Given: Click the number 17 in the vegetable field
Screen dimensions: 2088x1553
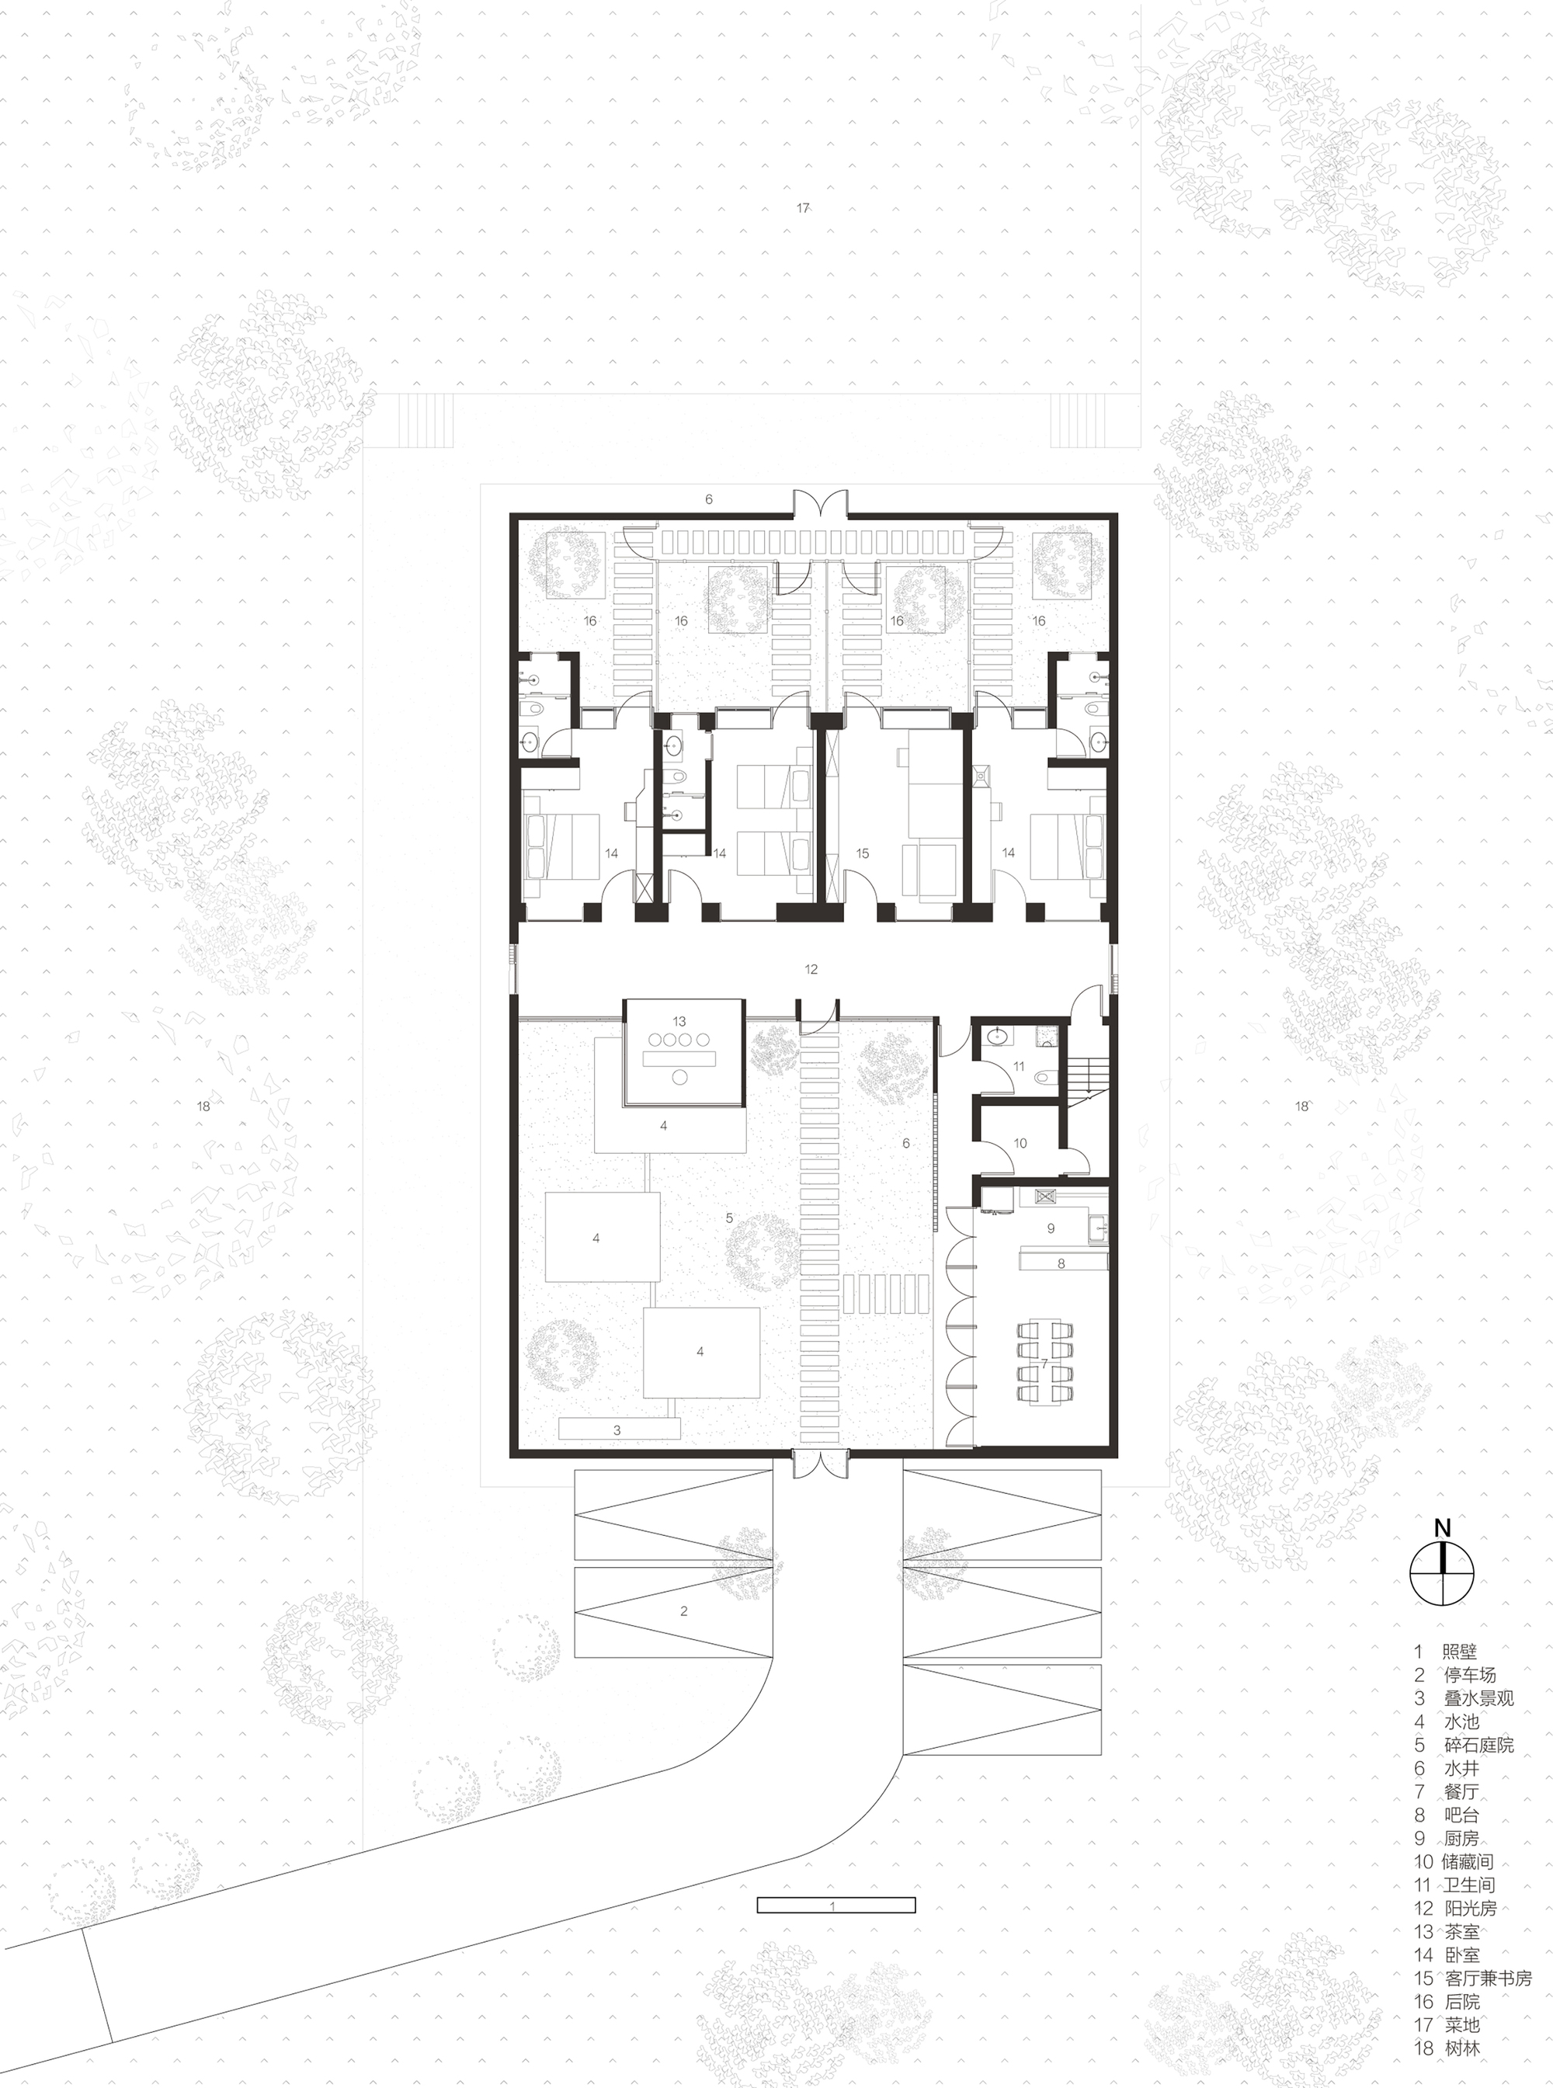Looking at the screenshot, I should [803, 208].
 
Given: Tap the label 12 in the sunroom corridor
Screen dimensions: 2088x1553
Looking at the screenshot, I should [811, 968].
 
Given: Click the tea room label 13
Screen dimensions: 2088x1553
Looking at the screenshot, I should [679, 1021].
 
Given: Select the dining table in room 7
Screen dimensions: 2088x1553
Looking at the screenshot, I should [1044, 1364].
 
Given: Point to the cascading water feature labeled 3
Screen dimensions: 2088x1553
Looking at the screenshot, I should [617, 1429].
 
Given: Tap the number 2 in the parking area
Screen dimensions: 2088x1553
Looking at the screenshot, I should [683, 1610].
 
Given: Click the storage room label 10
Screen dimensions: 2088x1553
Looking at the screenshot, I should [1020, 1143].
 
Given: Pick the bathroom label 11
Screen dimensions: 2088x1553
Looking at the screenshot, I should [1019, 1066].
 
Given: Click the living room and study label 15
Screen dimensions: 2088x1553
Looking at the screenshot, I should [862, 853].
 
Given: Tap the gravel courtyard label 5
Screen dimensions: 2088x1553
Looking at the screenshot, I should [729, 1218].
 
